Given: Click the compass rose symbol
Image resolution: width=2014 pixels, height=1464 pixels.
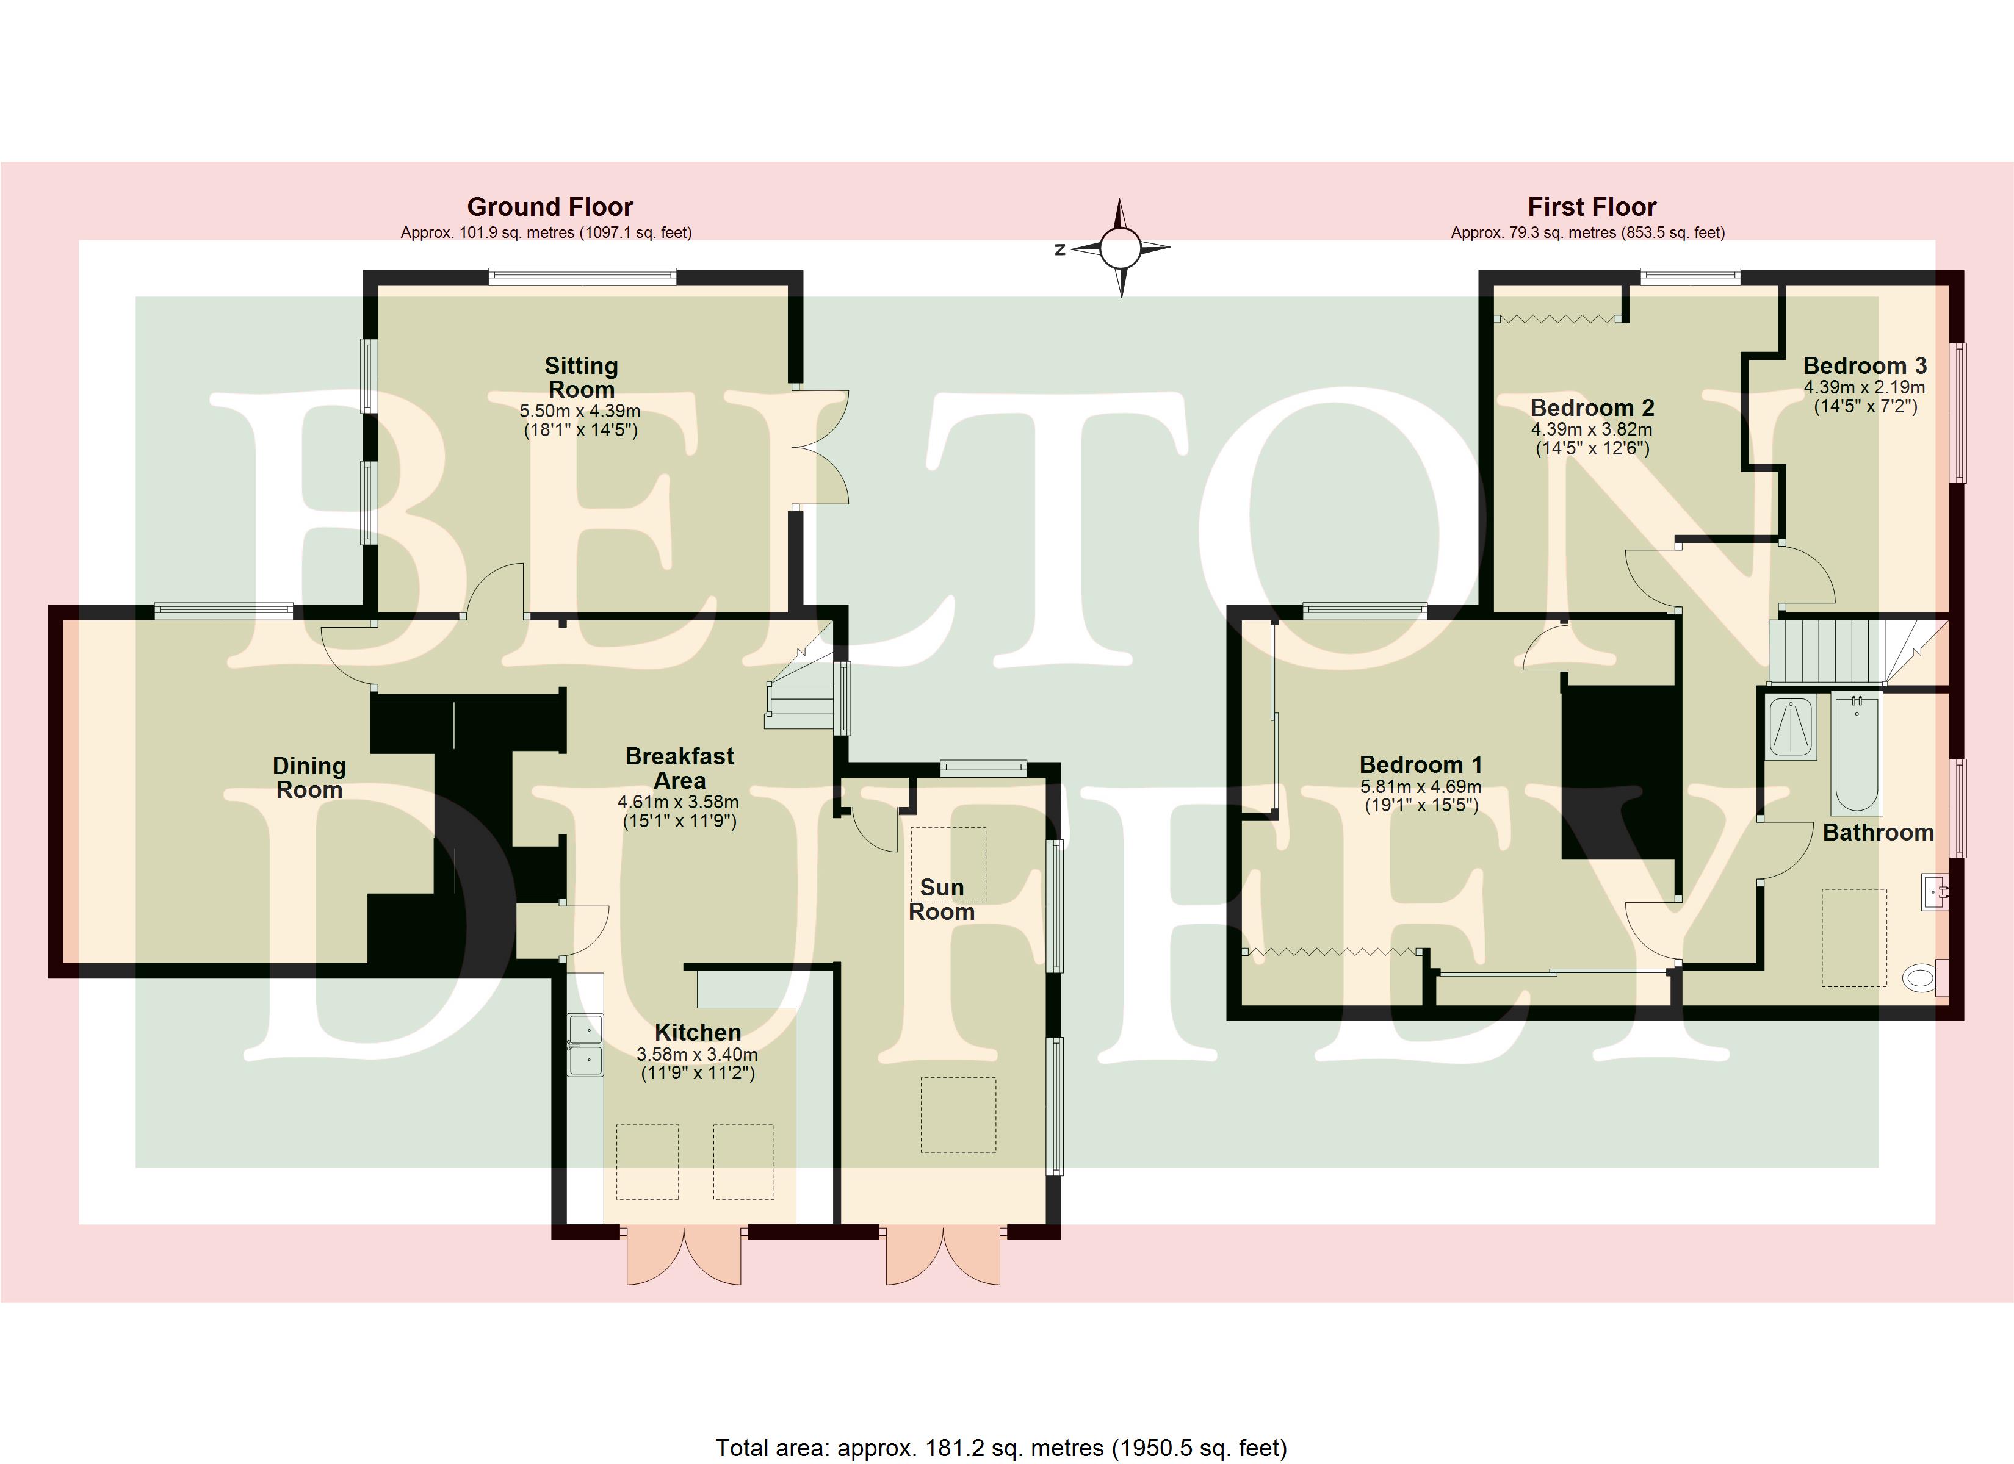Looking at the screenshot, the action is tap(1121, 249).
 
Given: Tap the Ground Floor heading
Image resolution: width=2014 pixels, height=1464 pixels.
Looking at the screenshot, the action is tap(550, 207).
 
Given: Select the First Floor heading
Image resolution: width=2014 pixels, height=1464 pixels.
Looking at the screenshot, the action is tap(1591, 207).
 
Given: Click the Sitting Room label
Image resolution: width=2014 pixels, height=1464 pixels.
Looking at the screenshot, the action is tap(581, 378).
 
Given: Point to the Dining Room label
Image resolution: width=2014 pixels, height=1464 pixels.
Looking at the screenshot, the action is tap(309, 778).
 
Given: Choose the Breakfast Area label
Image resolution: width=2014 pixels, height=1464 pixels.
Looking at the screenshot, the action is tap(679, 768).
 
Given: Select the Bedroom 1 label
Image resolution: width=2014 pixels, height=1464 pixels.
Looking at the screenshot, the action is tap(1421, 764).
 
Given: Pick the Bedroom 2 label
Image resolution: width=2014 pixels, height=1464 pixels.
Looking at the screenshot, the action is tap(1592, 407).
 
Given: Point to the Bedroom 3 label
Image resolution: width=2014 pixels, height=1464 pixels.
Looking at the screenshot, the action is tap(1865, 366).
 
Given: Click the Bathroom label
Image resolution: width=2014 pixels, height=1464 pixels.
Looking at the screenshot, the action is tap(1878, 832).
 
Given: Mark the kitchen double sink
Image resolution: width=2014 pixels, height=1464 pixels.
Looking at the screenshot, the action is tap(585, 1045).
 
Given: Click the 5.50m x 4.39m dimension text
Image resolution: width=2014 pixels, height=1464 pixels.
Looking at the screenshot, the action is tap(580, 412).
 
